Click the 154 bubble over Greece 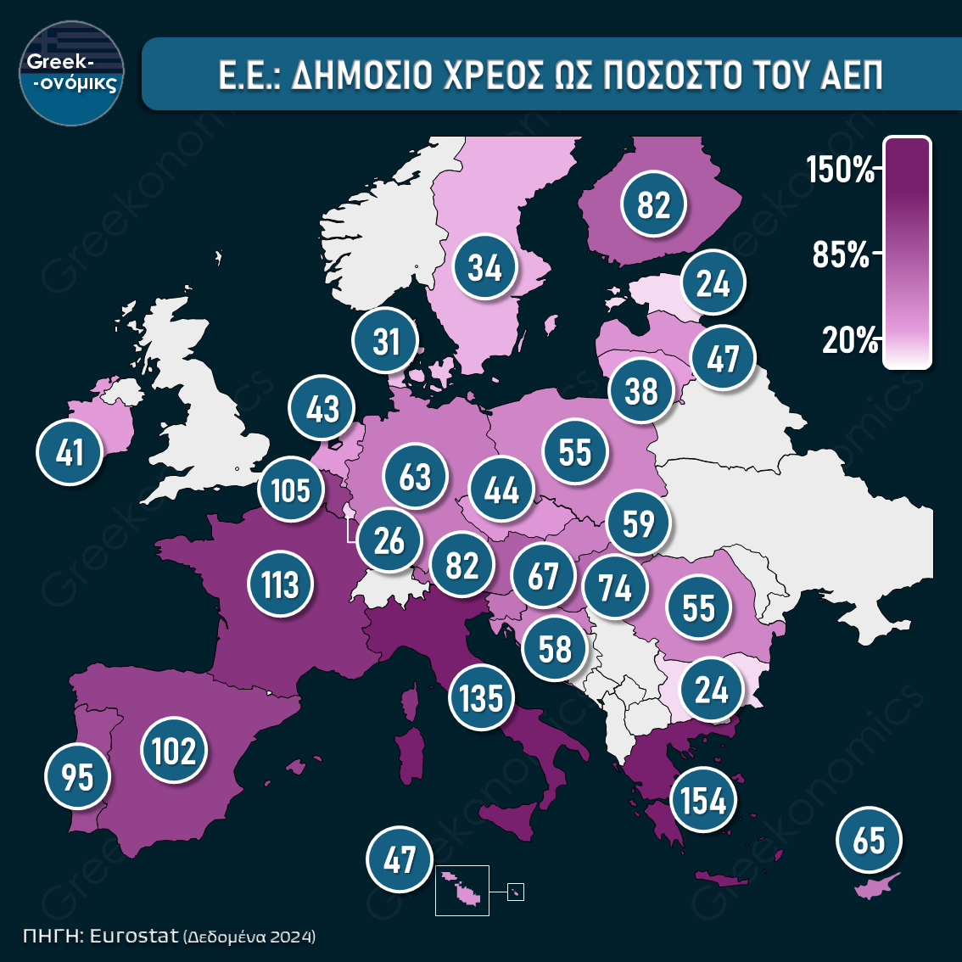click(703, 799)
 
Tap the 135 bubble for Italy click(482, 698)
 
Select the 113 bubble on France click(280, 584)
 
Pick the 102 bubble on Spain click(174, 751)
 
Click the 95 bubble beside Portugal click(78, 775)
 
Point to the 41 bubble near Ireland click(70, 452)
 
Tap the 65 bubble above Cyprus click(869, 841)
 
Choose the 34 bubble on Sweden click(485, 268)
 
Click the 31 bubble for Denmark click(387, 341)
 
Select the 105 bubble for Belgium click(291, 489)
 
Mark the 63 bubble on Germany click(415, 477)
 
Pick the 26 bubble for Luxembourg click(389, 540)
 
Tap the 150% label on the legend click(840, 170)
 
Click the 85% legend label click(841, 254)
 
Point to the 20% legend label click(849, 340)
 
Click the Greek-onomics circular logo click(72, 73)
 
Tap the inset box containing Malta click(462, 890)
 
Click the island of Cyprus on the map click(875, 886)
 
